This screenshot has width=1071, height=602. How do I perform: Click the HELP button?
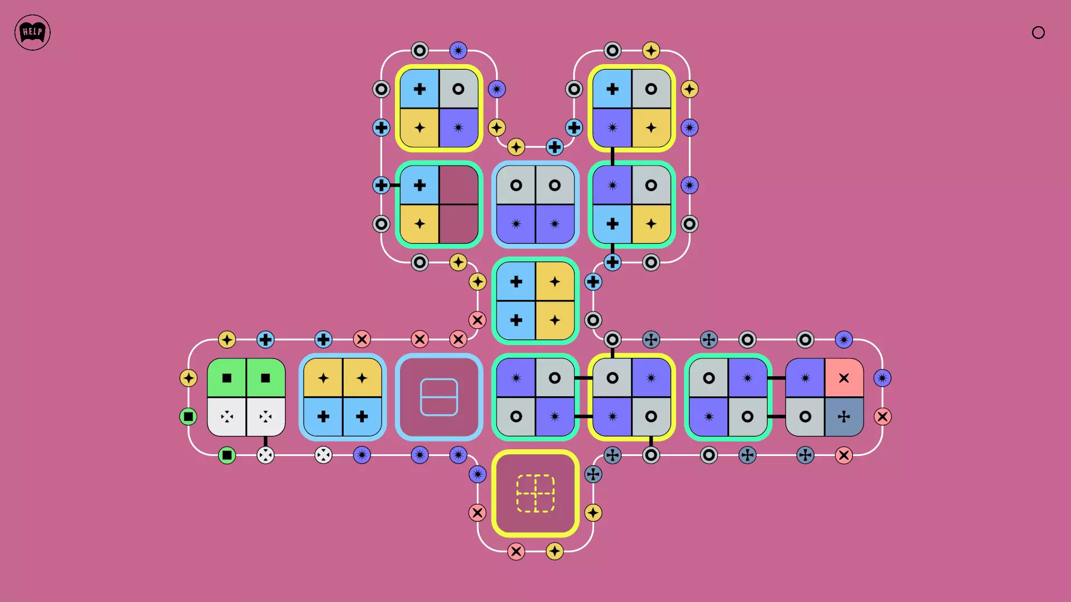pos(32,32)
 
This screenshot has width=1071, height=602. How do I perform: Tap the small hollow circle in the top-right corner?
pos(1038,32)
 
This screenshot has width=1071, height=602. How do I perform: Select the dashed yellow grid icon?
pos(535,493)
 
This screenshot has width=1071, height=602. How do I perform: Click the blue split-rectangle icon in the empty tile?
pos(439,397)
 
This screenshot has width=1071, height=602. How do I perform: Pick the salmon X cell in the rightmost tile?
pos(844,378)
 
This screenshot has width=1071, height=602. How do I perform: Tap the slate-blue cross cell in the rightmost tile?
pos(844,416)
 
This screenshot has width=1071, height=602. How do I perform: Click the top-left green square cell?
pos(226,378)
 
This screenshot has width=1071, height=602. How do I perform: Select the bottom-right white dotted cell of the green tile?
pos(266,416)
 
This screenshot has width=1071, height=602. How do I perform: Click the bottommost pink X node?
pos(516,551)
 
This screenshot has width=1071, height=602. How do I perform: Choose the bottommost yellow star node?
pos(554,551)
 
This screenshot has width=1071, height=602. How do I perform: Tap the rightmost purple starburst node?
pos(882,378)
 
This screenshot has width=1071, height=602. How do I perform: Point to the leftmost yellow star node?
pos(189,378)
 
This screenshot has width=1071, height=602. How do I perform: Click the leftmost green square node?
pos(189,416)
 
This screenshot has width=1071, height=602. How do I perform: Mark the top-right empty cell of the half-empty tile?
pos(459,185)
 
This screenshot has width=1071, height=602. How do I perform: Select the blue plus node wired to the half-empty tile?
pos(381,185)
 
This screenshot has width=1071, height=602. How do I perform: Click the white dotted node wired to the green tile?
pos(266,455)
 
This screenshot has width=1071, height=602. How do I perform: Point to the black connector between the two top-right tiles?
pos(612,156)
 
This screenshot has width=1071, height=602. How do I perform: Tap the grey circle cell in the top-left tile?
pos(459,89)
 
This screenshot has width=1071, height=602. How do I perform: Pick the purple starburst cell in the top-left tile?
pos(459,128)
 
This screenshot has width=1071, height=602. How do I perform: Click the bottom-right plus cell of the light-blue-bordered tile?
pos(362,416)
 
